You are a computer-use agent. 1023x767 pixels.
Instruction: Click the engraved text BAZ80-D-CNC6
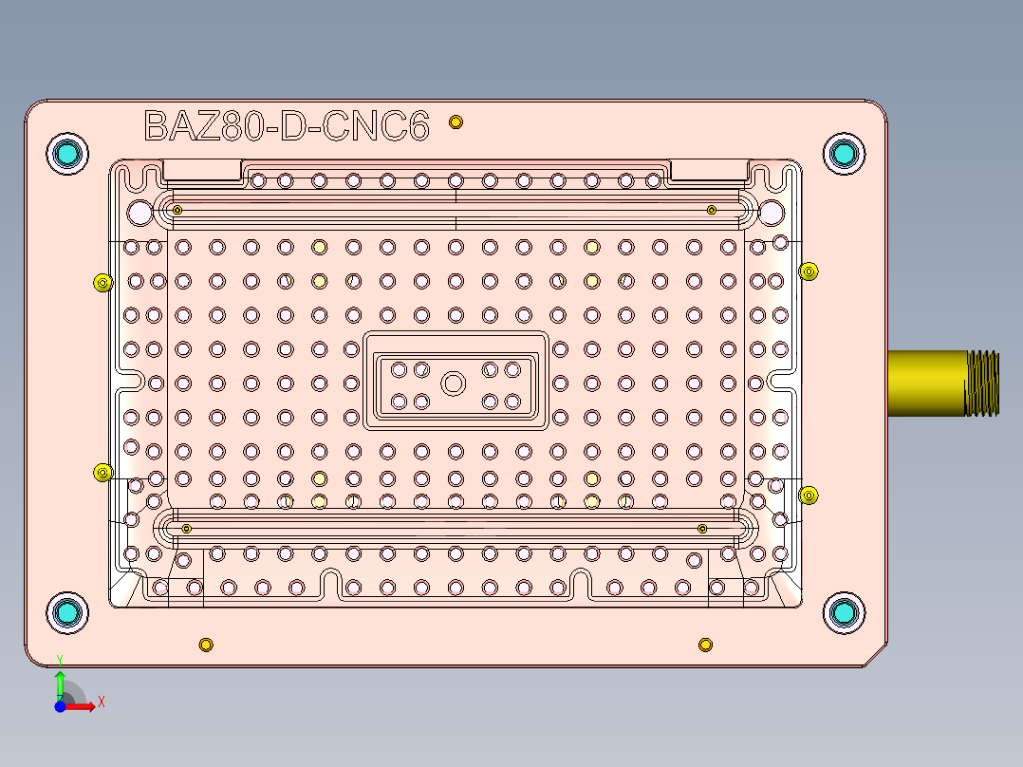(286, 125)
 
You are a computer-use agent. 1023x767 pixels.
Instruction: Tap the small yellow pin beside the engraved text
(456, 122)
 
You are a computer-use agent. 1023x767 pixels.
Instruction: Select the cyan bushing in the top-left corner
(67, 153)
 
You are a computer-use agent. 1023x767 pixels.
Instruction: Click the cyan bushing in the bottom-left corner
(67, 613)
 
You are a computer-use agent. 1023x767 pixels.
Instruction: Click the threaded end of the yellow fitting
(982, 383)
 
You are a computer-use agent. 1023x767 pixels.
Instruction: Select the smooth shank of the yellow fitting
(925, 383)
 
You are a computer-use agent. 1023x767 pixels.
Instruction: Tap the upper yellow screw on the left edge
(102, 282)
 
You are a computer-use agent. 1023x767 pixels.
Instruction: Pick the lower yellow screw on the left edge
(102, 473)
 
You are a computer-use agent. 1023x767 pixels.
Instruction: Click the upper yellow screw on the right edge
(809, 271)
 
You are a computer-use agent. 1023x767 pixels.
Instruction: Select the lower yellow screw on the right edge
(809, 495)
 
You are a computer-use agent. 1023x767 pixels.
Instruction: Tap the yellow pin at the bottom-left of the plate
(205, 645)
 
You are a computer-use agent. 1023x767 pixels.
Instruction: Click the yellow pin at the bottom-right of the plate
(705, 645)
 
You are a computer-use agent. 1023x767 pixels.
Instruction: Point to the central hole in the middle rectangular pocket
(454, 383)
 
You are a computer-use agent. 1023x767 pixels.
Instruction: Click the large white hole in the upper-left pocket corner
(139, 212)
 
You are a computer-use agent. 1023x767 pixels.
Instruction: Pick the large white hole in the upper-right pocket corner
(771, 212)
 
